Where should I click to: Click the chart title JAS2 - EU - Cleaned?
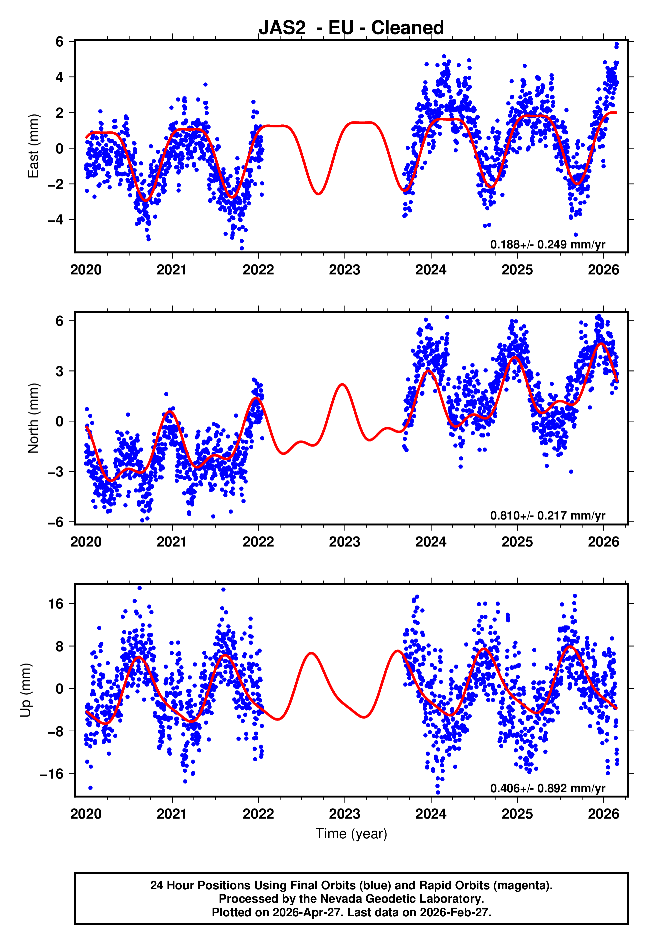click(351, 28)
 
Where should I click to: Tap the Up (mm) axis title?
click(25, 690)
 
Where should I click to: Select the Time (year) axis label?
click(351, 834)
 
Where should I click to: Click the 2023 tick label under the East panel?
click(345, 270)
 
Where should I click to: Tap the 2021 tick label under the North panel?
click(172, 542)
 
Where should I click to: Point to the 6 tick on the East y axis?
click(60, 41)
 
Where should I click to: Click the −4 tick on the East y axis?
click(55, 220)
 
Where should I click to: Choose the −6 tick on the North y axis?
click(55, 522)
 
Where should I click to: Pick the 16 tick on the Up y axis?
click(56, 604)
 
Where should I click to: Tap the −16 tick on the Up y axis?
click(52, 774)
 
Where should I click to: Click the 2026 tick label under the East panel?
click(604, 270)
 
